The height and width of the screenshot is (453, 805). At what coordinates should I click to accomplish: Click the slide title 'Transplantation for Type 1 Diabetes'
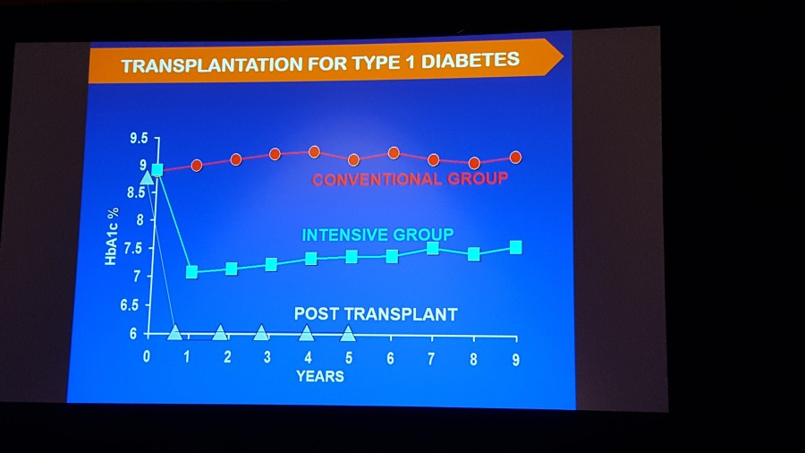320,63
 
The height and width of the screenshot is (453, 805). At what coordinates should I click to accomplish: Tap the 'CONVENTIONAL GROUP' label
410,179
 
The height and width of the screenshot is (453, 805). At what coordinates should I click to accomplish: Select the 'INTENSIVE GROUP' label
377,235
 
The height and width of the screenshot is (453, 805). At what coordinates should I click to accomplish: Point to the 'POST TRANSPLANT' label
376,314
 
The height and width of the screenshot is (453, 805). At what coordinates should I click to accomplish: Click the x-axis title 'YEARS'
319,376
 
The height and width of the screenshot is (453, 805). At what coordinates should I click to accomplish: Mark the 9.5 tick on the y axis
138,139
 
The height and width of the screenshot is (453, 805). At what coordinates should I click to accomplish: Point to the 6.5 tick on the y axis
137,304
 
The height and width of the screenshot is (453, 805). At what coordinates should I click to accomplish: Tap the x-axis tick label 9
515,358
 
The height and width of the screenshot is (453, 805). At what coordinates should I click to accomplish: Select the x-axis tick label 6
391,358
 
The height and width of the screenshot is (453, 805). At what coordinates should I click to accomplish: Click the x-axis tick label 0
148,355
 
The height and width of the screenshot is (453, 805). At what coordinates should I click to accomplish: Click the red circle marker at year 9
515,158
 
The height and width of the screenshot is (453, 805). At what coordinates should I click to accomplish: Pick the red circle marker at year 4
314,152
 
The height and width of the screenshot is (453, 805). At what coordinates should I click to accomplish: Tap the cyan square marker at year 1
191,271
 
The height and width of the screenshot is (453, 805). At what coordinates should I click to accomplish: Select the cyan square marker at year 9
516,247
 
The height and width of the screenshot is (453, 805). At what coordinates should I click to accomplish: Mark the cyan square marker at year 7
432,249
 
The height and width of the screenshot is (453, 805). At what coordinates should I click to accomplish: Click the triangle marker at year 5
348,334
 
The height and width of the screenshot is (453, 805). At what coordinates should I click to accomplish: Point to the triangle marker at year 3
261,333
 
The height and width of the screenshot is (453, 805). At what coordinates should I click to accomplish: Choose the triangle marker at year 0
148,177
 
